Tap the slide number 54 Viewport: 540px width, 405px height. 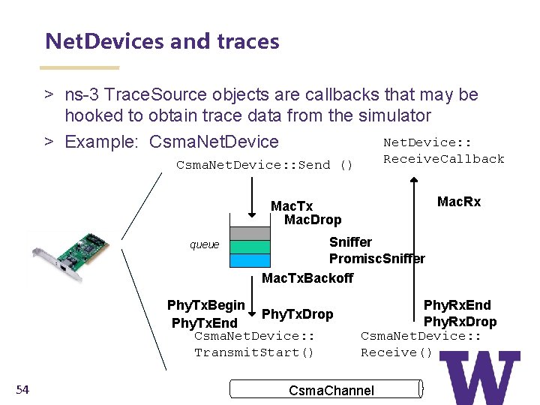[22, 388]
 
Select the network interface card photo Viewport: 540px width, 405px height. [71, 255]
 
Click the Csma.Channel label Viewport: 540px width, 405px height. [331, 390]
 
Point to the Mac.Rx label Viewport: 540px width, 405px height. [459, 202]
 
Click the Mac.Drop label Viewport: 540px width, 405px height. [313, 220]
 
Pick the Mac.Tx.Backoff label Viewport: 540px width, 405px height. [307, 279]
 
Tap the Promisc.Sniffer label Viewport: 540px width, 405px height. [377, 259]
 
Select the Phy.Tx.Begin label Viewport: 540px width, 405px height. [205, 304]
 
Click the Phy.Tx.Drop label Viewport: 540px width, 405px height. [297, 313]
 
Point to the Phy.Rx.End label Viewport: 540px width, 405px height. [457, 304]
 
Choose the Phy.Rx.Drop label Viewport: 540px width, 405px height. [460, 322]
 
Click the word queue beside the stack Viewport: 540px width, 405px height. [205, 244]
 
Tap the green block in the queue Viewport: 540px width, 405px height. [249, 247]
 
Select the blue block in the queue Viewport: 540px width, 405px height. [249, 261]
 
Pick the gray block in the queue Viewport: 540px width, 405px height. [249, 232]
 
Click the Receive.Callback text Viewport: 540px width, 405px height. [444, 158]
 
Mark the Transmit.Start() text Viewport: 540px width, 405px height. [254, 352]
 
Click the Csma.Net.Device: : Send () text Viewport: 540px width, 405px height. [264, 164]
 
